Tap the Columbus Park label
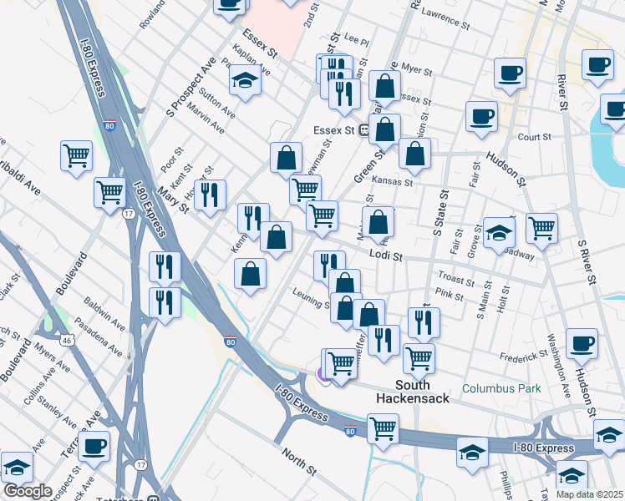pos(501,388)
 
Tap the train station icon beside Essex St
pos(364,130)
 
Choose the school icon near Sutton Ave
pos(245,82)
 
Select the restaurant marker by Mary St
pos(209,195)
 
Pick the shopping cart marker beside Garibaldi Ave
pos(76,155)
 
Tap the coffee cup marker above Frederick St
pos(582,342)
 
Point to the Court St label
pos(536,136)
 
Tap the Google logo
pos(28,491)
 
